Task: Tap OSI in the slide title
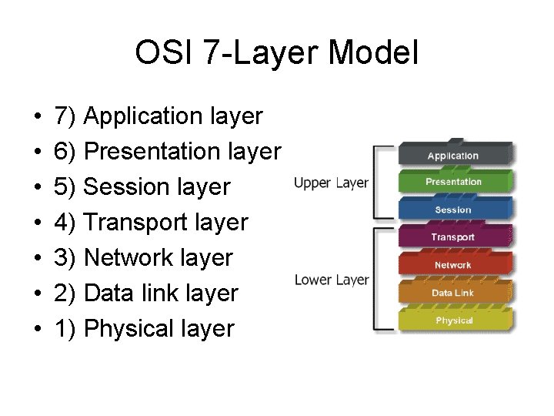coord(159,54)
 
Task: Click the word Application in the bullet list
coord(143,117)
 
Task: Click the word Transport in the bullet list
coord(138,223)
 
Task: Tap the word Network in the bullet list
coord(132,258)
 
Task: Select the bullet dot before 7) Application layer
coord(38,118)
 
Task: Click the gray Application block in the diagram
coord(453,155)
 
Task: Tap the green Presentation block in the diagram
coord(453,182)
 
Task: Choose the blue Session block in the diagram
coord(453,210)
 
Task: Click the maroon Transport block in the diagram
coord(453,237)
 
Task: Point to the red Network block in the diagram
coord(453,265)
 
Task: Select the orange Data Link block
coord(453,293)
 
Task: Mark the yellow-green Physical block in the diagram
coord(453,320)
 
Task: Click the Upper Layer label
coord(331,183)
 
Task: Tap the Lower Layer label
coord(331,280)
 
